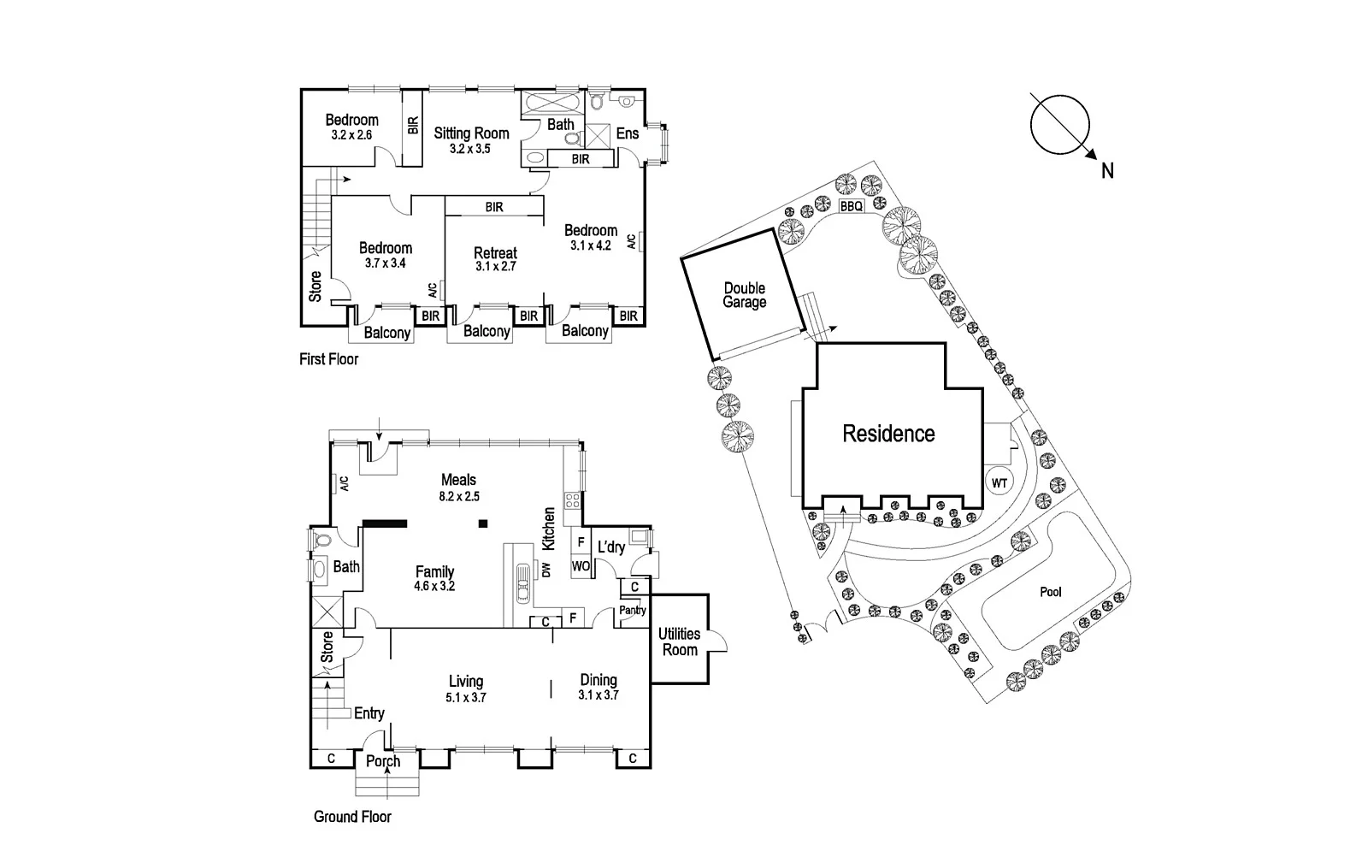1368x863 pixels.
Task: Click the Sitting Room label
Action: (x=471, y=133)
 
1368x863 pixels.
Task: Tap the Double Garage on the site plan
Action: (x=744, y=295)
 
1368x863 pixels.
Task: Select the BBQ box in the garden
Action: (x=851, y=207)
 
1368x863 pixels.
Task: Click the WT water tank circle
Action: (x=999, y=483)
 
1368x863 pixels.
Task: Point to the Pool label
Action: (x=1050, y=592)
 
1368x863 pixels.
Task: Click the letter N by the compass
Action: (x=1107, y=171)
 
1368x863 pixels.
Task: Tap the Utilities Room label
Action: (x=680, y=641)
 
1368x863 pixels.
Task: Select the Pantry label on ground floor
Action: (x=633, y=611)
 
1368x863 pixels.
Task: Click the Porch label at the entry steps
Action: (x=382, y=761)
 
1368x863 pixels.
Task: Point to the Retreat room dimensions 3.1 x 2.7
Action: (x=495, y=267)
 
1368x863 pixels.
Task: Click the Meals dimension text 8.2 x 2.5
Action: (x=458, y=496)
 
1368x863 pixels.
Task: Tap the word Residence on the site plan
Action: (x=888, y=434)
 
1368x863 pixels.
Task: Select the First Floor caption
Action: (x=329, y=359)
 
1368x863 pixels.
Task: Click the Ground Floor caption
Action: (x=352, y=817)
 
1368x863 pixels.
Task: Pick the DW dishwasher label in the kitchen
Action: (x=545, y=569)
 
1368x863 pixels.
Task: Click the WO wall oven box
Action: (x=581, y=565)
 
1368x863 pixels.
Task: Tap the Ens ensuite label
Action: (x=627, y=133)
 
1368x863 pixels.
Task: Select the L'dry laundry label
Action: (x=610, y=547)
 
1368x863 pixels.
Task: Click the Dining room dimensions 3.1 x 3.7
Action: (x=598, y=695)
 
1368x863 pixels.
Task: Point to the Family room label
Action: (x=434, y=571)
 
